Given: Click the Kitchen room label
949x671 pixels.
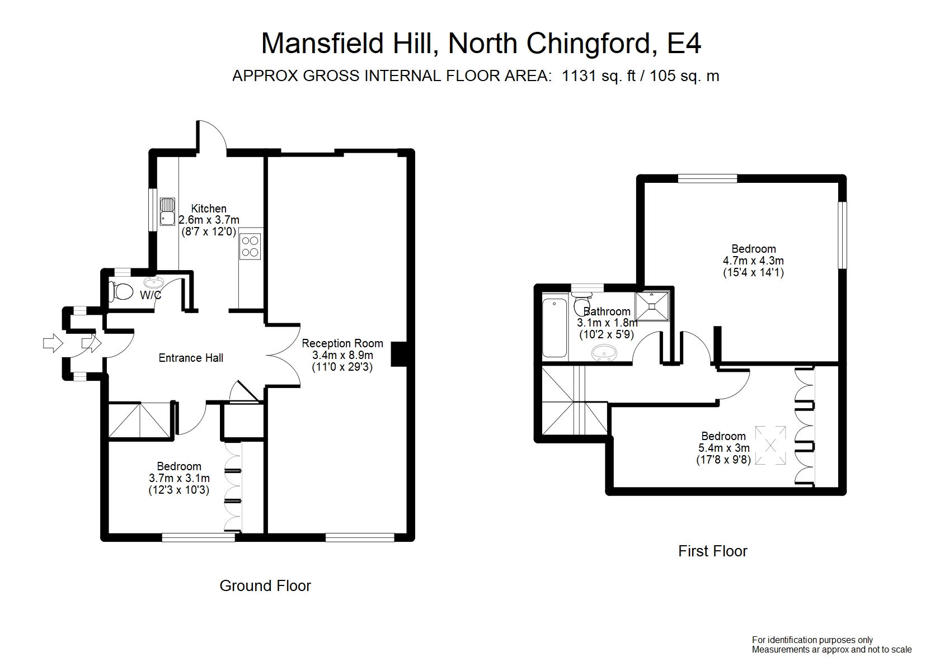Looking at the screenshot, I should (x=209, y=209).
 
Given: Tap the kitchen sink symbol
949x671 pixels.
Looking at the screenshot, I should (x=167, y=211).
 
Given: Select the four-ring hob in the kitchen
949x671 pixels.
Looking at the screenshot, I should (x=250, y=246).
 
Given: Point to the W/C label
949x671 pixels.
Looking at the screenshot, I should (x=151, y=295).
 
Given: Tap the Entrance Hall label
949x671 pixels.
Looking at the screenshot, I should (x=191, y=358).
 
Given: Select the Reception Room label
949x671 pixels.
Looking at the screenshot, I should (x=342, y=343).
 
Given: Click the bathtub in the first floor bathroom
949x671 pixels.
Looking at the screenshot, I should (x=555, y=328).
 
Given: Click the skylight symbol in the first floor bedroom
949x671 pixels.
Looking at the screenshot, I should (x=771, y=446).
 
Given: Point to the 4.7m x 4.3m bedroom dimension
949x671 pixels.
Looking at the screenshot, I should (x=753, y=261).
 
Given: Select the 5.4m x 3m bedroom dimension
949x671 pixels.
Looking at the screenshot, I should (x=724, y=448).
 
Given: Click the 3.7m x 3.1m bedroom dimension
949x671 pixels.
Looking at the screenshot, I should (x=179, y=478).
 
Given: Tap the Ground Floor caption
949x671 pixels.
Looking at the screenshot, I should (x=265, y=585).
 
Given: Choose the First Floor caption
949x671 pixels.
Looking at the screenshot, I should (x=712, y=551).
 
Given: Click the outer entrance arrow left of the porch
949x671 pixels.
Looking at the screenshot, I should (x=53, y=343).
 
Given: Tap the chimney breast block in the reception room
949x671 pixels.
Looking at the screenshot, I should (x=398, y=354).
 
